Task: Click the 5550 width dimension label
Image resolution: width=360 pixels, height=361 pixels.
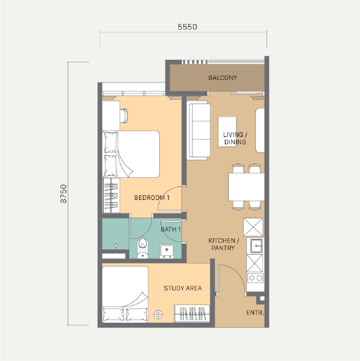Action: [187, 27]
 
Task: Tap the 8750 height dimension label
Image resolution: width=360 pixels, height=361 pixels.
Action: [63, 194]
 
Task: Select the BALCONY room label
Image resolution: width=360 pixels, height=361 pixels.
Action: [223, 77]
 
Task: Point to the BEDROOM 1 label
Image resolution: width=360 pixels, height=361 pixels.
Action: [152, 197]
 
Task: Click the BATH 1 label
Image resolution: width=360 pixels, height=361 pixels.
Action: [170, 229]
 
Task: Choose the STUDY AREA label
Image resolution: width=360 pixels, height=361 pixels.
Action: [183, 288]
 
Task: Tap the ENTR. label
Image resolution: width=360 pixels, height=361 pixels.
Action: [255, 313]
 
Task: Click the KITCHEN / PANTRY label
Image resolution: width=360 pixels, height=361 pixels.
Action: [224, 244]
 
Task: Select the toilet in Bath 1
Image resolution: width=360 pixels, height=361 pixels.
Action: [143, 248]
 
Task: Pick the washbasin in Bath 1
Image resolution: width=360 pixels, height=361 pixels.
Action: [167, 251]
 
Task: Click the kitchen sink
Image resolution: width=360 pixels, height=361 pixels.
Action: [255, 245]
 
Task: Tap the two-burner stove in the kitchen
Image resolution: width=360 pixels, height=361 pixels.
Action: [255, 278]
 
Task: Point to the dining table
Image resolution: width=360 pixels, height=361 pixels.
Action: [246, 187]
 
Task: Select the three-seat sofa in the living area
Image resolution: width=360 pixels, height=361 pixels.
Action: [199, 131]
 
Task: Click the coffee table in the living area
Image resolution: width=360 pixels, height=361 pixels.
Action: [227, 132]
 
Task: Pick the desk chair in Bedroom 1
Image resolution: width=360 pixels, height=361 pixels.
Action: [123, 116]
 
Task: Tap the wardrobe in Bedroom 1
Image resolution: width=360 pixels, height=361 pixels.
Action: [111, 195]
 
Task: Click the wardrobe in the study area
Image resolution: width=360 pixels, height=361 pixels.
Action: [192, 313]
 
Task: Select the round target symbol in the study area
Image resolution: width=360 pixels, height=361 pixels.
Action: [159, 314]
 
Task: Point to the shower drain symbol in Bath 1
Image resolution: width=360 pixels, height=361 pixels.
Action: [116, 246]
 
